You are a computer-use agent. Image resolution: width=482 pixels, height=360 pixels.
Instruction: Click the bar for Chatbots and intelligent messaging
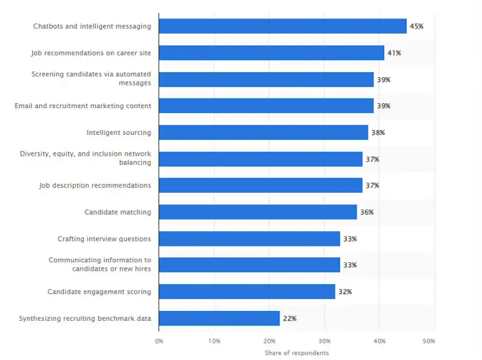282,26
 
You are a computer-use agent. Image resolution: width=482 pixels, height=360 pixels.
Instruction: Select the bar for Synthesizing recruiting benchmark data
219,318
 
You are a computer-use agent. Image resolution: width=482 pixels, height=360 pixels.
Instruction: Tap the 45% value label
417,26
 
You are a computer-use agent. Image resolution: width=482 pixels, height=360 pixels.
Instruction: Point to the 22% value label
290,318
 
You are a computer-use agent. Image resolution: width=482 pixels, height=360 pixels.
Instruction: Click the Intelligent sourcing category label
118,132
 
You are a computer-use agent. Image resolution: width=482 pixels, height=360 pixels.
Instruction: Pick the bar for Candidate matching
258,212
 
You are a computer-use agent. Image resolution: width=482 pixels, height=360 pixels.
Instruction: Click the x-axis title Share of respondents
297,353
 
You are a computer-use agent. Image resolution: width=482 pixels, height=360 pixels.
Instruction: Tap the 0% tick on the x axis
159,341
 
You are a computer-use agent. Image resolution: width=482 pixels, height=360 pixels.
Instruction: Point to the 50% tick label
429,341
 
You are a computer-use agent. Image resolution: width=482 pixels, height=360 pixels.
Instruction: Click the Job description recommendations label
95,185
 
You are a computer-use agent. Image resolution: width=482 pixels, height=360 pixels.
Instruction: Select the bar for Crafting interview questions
249,238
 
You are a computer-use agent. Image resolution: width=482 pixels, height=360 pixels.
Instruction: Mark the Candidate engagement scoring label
99,292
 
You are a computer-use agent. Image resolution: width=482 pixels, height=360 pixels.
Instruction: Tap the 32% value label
345,292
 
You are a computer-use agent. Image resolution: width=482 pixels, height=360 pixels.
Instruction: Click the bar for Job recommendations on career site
271,53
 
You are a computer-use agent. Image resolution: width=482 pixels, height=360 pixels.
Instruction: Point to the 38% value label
378,132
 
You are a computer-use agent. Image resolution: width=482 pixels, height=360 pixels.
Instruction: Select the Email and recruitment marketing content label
83,106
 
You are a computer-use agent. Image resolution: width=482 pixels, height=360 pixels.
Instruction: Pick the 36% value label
367,212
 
